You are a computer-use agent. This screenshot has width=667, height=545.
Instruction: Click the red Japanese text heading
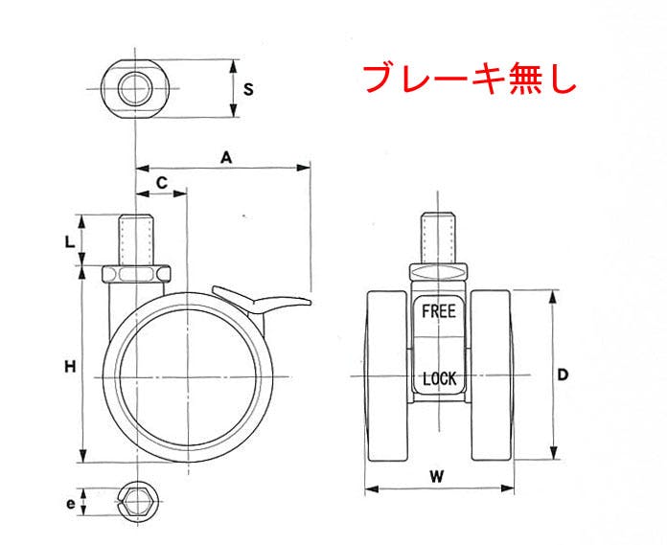(470, 79)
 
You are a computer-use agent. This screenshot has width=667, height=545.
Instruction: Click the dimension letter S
(248, 90)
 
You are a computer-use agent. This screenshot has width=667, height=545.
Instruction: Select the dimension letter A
(226, 158)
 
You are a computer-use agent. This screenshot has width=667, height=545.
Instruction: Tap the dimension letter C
(162, 183)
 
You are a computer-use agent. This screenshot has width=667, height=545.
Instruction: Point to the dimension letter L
(69, 242)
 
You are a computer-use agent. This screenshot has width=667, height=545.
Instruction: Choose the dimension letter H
(70, 367)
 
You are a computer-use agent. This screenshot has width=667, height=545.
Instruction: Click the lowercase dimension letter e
(71, 504)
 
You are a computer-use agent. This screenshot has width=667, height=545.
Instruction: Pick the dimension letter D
(563, 375)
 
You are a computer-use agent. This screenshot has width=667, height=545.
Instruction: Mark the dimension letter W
(436, 477)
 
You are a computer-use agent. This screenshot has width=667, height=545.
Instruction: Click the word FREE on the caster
(439, 311)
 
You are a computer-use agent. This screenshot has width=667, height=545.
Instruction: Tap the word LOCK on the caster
(440, 378)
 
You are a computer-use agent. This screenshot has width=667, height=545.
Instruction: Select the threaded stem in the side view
(136, 240)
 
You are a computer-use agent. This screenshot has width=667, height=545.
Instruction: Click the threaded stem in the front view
(439, 238)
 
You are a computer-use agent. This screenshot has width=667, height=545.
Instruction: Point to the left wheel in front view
(386, 376)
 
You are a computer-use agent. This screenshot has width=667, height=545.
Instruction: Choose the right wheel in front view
(492, 376)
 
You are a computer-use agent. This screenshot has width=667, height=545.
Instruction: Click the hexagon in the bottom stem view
(137, 502)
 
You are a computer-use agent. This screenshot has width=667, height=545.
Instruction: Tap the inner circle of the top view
(135, 89)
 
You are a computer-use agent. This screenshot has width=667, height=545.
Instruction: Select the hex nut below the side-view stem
(136, 274)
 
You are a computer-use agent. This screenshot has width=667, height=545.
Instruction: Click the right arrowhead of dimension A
(304, 168)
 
